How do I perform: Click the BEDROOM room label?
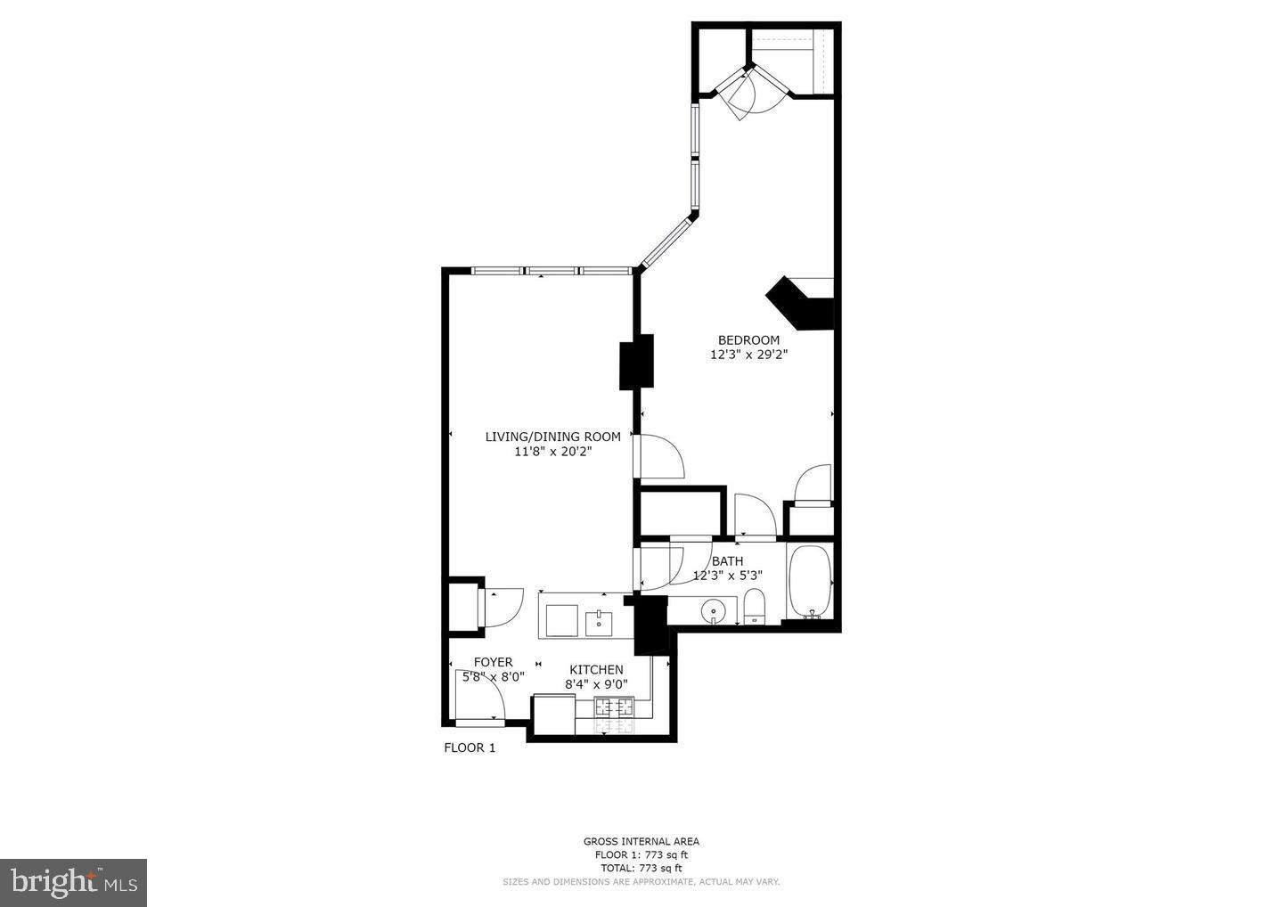pyautogui.click(x=748, y=340)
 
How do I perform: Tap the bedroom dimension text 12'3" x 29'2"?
pyautogui.click(x=748, y=355)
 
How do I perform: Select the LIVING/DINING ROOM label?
pyautogui.click(x=552, y=437)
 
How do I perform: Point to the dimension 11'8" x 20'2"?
pyautogui.click(x=552, y=452)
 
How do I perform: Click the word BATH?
pyautogui.click(x=727, y=561)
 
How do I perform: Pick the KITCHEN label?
pyautogui.click(x=596, y=670)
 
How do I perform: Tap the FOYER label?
pyautogui.click(x=493, y=662)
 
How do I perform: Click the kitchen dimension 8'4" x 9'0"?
pyautogui.click(x=596, y=685)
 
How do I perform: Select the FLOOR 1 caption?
pyautogui.click(x=470, y=748)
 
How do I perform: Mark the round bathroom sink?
pyautogui.click(x=714, y=611)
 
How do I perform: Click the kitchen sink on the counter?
pyautogui.click(x=600, y=622)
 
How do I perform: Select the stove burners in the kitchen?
pyautogui.click(x=614, y=708)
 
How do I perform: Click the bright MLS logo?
pyautogui.click(x=73, y=882)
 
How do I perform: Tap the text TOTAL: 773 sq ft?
pyautogui.click(x=641, y=868)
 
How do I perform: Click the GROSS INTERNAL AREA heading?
pyautogui.click(x=641, y=841)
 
